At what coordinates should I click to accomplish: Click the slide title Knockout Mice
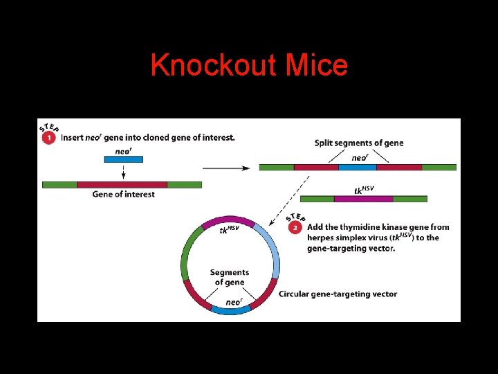pyautogui.click(x=249, y=66)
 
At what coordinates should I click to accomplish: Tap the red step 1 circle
pyautogui.click(x=49, y=137)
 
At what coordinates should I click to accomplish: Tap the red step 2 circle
pyautogui.click(x=296, y=226)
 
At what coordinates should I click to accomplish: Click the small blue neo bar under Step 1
pyautogui.click(x=123, y=159)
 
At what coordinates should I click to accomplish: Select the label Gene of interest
pyautogui.click(x=123, y=195)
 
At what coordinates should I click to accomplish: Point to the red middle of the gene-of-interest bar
pyautogui.click(x=122, y=184)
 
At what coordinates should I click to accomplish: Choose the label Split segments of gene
pyautogui.click(x=358, y=143)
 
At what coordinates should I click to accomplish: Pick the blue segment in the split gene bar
pyautogui.click(x=358, y=167)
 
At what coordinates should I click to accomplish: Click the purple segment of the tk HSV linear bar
pyautogui.click(x=363, y=199)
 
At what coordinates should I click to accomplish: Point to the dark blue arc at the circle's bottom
pyautogui.click(x=230, y=310)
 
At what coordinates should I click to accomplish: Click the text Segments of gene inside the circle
pyautogui.click(x=229, y=277)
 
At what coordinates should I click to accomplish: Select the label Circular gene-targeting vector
pyautogui.click(x=338, y=294)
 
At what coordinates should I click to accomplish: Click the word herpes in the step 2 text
pyautogui.click(x=323, y=238)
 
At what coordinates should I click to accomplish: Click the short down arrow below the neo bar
pyautogui.click(x=123, y=172)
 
